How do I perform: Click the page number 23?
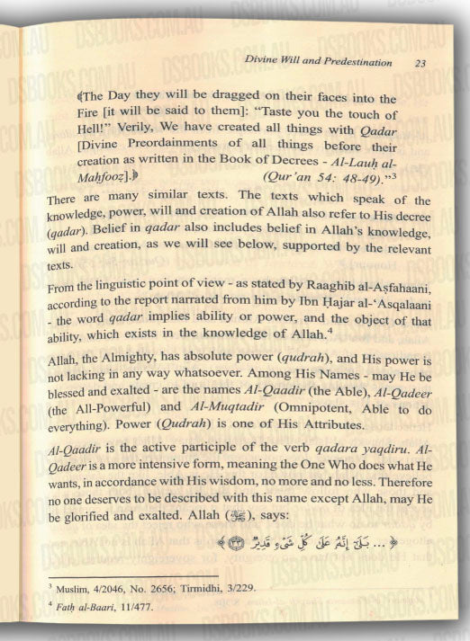point(421,63)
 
